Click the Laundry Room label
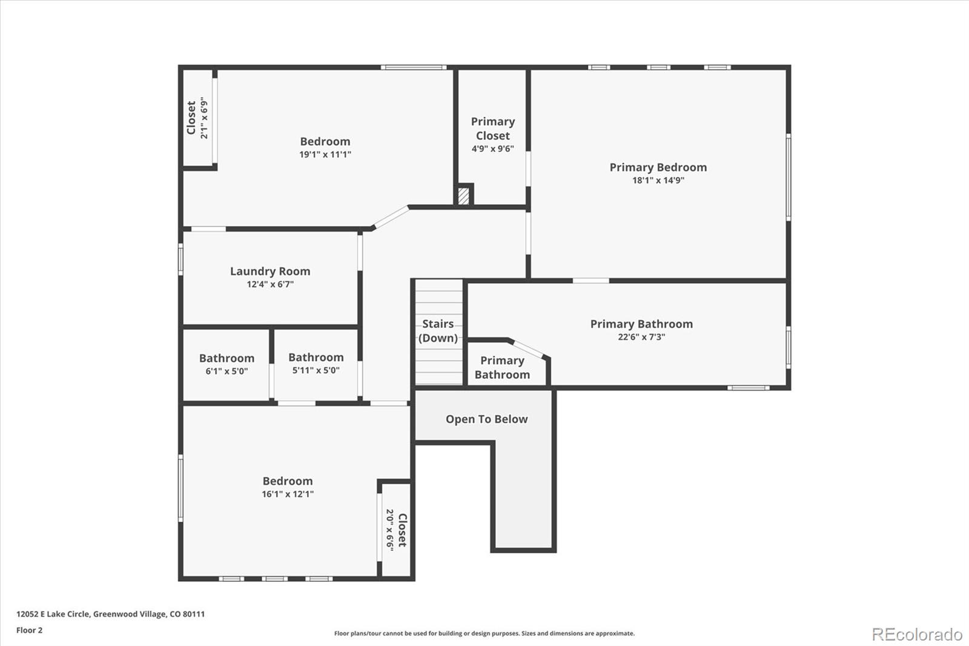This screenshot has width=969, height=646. pyautogui.click(x=270, y=271)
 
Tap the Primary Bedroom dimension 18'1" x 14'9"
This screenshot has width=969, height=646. pyautogui.click(x=658, y=180)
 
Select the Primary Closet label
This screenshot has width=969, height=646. pyautogui.click(x=493, y=128)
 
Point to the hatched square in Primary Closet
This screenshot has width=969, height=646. pyautogui.click(x=463, y=196)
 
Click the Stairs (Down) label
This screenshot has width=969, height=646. pyautogui.click(x=438, y=331)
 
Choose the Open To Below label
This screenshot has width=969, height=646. pyautogui.click(x=487, y=419)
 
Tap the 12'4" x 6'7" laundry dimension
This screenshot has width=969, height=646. pyautogui.click(x=270, y=284)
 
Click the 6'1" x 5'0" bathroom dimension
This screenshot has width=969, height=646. pyautogui.click(x=227, y=371)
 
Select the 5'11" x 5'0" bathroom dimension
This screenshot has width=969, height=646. pyautogui.click(x=316, y=370)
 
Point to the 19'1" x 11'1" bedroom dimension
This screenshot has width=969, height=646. pyautogui.click(x=325, y=154)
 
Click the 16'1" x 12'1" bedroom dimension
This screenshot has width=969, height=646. pyautogui.click(x=287, y=494)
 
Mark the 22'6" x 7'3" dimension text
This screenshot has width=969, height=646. pyautogui.click(x=641, y=337)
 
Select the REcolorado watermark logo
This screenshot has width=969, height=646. pyautogui.click(x=917, y=634)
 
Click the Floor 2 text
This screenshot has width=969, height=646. pyautogui.click(x=30, y=630)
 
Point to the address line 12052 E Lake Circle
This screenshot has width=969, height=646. pyautogui.click(x=110, y=614)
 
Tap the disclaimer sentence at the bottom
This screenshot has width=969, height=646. pyautogui.click(x=484, y=633)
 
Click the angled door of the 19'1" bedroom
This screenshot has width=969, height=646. pyautogui.click(x=391, y=218)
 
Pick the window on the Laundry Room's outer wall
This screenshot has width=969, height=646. pyautogui.click(x=181, y=259)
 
